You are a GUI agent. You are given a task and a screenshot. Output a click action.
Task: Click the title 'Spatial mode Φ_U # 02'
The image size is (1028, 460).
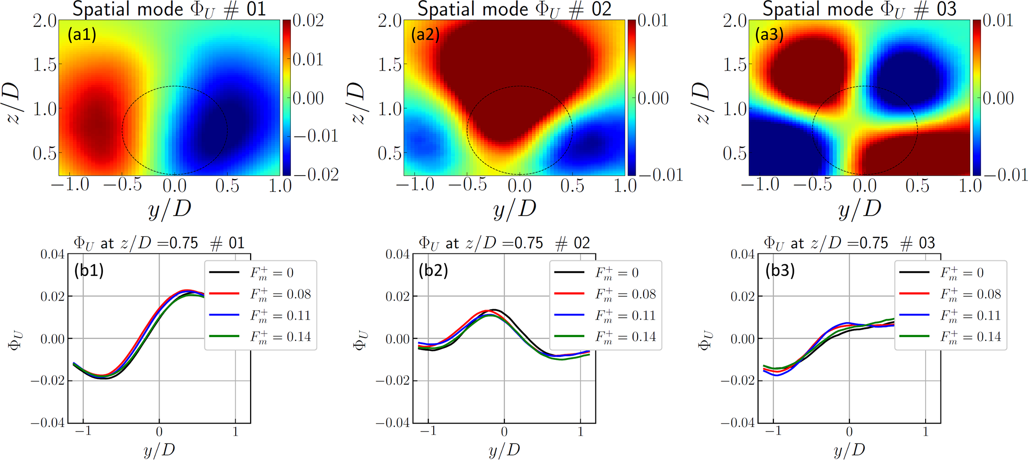[x=514, y=9]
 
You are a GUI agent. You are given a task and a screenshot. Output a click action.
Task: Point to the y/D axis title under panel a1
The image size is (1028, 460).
[x=170, y=209]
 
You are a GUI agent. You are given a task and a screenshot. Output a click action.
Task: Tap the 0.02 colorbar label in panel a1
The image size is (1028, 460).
[x=308, y=20]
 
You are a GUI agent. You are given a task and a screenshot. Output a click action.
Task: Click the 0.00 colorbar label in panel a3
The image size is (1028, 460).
[x=998, y=98]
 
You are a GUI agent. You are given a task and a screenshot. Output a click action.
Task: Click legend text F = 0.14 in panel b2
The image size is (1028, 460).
[x=626, y=337]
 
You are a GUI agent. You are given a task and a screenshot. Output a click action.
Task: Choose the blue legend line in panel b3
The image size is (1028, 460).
[x=915, y=315]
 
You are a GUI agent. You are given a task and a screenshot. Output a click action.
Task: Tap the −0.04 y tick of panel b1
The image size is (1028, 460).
[x=48, y=423]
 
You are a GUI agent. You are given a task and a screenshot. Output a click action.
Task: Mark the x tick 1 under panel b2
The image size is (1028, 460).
[x=580, y=432]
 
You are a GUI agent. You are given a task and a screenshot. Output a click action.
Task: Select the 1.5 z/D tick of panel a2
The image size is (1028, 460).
[x=389, y=65]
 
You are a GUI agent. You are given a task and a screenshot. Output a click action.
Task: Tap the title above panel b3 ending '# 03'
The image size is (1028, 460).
[x=849, y=243]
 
